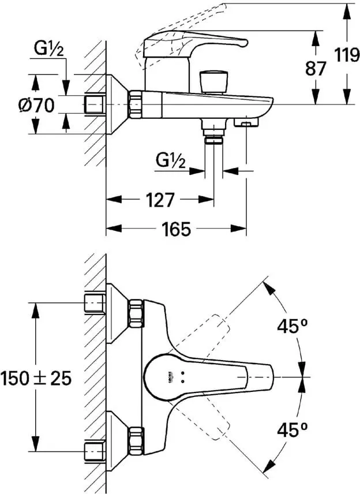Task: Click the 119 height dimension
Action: pyautogui.click(x=346, y=55)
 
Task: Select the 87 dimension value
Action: pyautogui.click(x=315, y=68)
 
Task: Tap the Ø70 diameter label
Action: pyautogui.click(x=36, y=105)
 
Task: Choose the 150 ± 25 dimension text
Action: pyautogui.click(x=37, y=378)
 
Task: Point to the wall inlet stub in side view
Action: pyautogui.click(x=95, y=104)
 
